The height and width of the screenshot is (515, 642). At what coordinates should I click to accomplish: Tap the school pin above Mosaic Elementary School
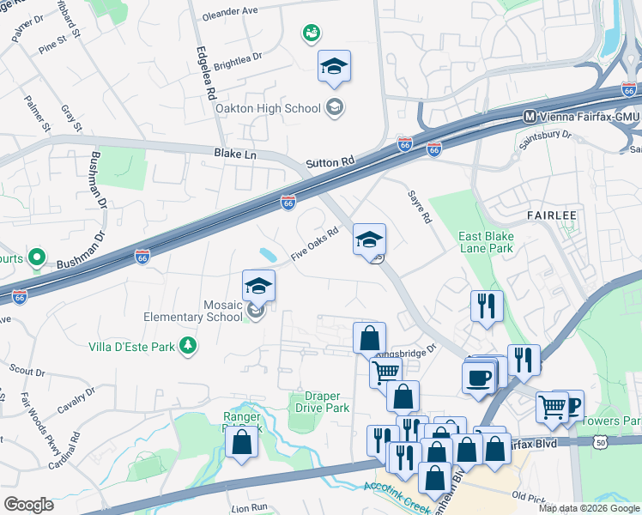(x=258, y=286)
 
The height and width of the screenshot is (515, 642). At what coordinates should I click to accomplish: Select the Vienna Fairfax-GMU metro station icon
(x=530, y=116)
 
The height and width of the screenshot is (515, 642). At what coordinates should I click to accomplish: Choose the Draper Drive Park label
(x=319, y=402)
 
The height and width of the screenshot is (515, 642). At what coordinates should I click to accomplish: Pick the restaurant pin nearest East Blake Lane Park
(x=487, y=306)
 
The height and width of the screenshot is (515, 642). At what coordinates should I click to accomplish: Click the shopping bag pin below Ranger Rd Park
(x=242, y=441)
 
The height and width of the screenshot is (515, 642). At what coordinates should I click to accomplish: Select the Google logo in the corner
(x=28, y=505)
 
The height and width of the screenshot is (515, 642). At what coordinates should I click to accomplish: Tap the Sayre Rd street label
(x=419, y=206)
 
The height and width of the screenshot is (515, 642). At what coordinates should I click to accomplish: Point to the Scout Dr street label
(x=27, y=372)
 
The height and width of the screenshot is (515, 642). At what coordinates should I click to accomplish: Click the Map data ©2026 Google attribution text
(x=588, y=508)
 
